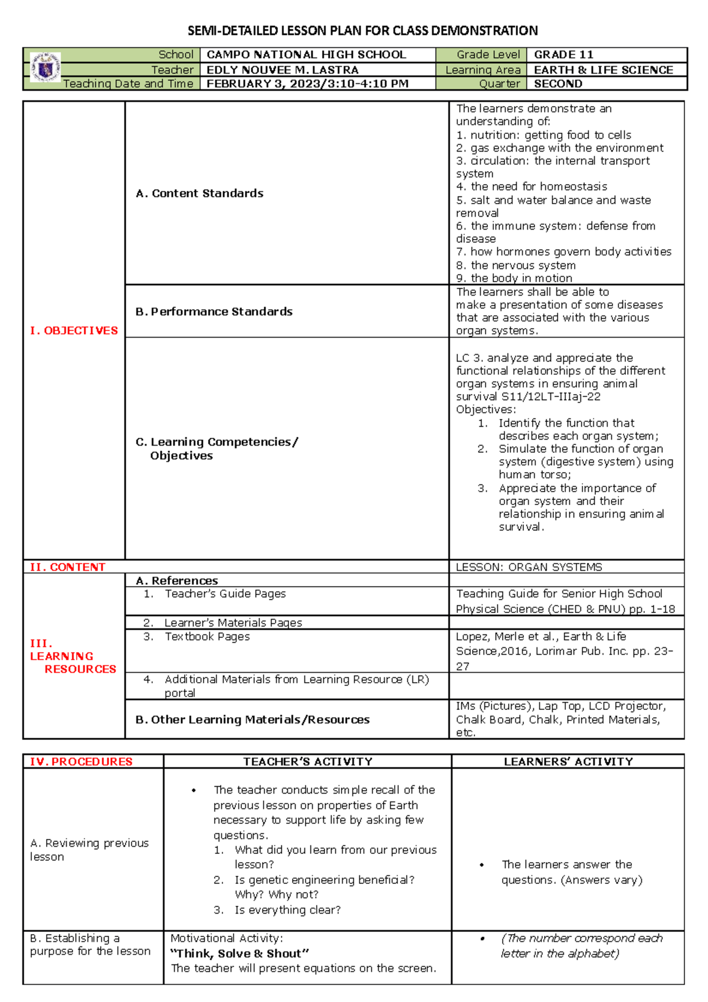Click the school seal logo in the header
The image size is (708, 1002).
tap(45, 68)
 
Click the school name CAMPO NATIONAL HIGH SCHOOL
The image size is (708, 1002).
tap(306, 55)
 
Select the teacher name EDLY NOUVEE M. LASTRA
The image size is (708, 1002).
tap(282, 70)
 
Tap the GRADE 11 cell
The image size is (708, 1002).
tap(563, 55)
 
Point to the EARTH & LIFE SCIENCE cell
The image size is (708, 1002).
tap(603, 70)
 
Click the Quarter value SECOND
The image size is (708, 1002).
tap(558, 84)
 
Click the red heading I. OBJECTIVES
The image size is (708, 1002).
tap(74, 330)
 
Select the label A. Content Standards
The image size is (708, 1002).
tap(199, 193)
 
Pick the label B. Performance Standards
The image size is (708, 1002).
tap(214, 312)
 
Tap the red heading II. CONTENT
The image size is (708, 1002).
tap(67, 567)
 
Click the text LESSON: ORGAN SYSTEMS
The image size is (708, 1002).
tap(529, 567)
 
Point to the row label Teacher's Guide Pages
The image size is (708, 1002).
tap(225, 594)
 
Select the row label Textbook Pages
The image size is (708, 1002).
tap(207, 637)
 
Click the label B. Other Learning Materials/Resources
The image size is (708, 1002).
tap(253, 719)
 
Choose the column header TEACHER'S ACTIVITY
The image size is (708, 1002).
tap(307, 762)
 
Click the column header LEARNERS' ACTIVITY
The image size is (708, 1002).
tap(568, 762)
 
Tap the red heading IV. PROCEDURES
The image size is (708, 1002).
tap(81, 762)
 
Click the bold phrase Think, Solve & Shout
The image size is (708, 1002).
tap(240, 954)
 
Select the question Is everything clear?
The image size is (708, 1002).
tap(287, 910)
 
